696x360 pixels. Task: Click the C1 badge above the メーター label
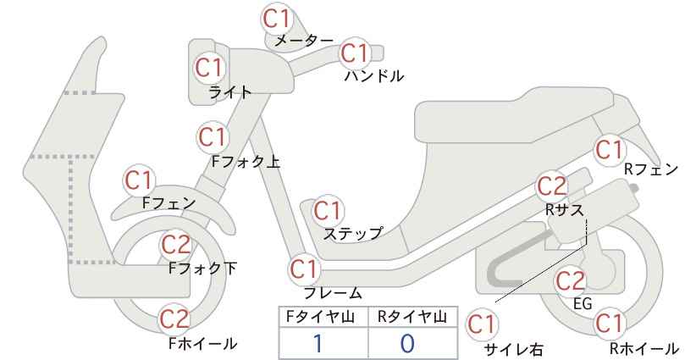276,19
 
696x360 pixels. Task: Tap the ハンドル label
374,76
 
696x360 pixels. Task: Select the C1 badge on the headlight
208,68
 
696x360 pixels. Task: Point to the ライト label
230,93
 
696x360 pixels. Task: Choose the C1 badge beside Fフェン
139,180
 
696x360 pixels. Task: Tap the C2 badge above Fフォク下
175,245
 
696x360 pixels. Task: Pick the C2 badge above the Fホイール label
174,318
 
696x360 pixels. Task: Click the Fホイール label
203,344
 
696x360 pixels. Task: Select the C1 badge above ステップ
327,211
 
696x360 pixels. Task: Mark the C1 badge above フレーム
304,269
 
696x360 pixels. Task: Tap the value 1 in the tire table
318,344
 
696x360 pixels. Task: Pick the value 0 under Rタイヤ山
407,344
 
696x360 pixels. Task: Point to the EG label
583,303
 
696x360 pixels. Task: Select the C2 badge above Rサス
552,186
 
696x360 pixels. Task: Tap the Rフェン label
651,169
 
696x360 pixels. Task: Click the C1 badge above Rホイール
609,324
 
